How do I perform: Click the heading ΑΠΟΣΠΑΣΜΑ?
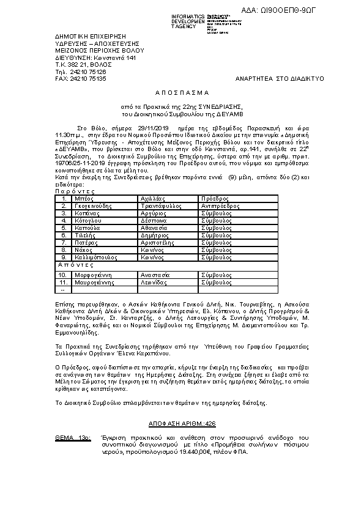pyautogui.click(x=182, y=92)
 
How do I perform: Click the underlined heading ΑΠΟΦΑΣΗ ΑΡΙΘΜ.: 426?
pyautogui.click(x=182, y=423)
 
